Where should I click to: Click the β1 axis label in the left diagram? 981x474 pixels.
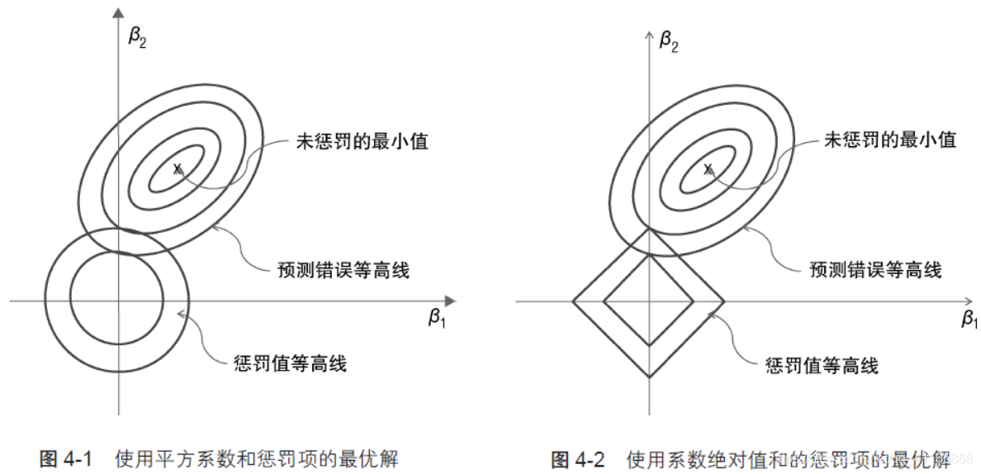tap(437, 318)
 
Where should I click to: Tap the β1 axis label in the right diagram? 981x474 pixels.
tap(969, 319)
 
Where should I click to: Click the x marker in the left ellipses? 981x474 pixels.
tap(177, 168)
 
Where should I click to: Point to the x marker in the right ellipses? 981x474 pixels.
tap(708, 168)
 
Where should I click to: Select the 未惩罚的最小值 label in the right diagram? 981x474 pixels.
tap(891, 140)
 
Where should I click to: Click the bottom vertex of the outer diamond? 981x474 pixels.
tap(650, 377)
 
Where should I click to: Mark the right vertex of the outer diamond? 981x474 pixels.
tap(724, 301)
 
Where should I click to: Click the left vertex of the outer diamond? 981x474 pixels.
tap(573, 301)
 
